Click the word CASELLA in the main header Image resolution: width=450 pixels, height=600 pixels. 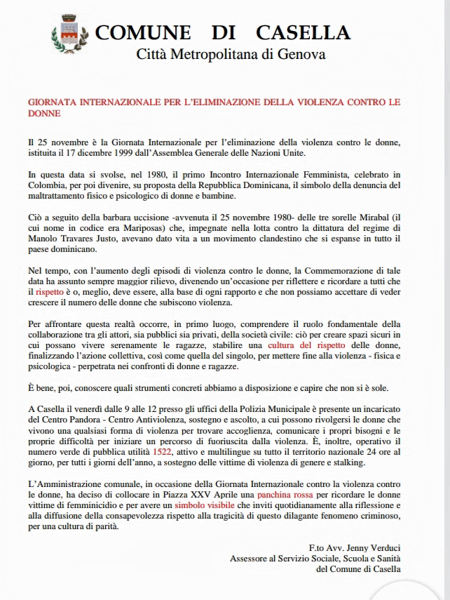(x=304, y=32)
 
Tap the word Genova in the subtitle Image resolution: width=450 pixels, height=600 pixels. (x=301, y=54)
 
